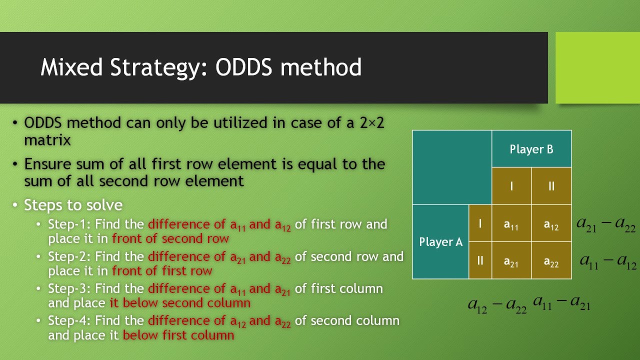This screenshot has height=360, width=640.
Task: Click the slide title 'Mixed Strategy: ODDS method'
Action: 201,67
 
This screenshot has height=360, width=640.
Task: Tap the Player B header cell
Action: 531,149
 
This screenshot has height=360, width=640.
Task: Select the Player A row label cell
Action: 440,242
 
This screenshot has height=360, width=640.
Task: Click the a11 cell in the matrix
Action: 511,224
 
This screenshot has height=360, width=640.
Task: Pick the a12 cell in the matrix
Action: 551,224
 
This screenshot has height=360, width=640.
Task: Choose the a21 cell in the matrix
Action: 511,261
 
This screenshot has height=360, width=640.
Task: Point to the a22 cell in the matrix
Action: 551,261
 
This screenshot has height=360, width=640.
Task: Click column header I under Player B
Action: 511,186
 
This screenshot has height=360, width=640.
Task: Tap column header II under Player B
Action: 551,186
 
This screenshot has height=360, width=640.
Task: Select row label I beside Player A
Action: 480,223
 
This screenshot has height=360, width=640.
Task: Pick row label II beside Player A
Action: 480,260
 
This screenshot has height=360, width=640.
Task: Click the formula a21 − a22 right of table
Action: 606,224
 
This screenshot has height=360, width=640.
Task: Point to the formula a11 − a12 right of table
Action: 607,260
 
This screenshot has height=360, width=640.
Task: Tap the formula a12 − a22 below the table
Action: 497,304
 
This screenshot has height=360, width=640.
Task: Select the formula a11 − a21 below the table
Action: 561,302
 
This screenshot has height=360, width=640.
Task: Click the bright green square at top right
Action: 597,67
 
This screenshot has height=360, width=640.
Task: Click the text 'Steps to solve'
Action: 73,205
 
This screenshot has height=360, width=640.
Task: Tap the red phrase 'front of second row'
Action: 170,238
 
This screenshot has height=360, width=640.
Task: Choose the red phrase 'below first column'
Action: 178,335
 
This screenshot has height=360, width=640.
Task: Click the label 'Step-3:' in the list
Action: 69,289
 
